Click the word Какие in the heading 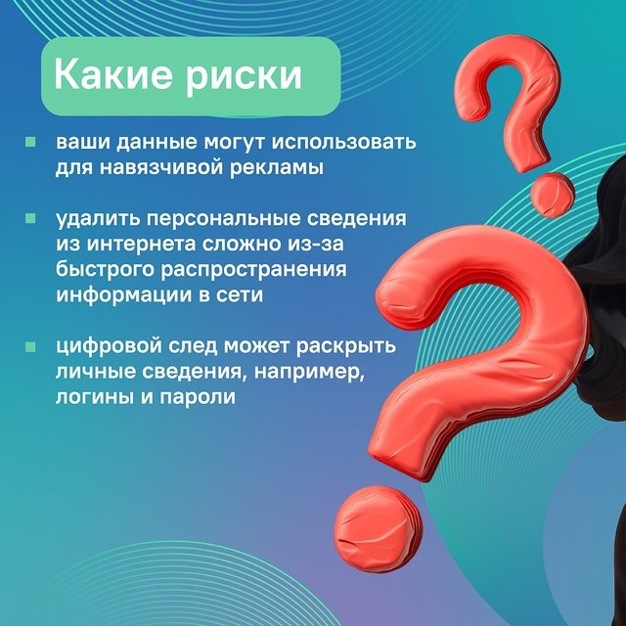point(113,74)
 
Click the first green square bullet point(30,142)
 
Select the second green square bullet point(30,218)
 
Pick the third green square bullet point(30,346)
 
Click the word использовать point(344,142)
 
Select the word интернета point(141,245)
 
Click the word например point(309,373)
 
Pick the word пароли point(198,398)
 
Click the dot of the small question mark point(552,195)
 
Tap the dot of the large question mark point(378,528)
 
